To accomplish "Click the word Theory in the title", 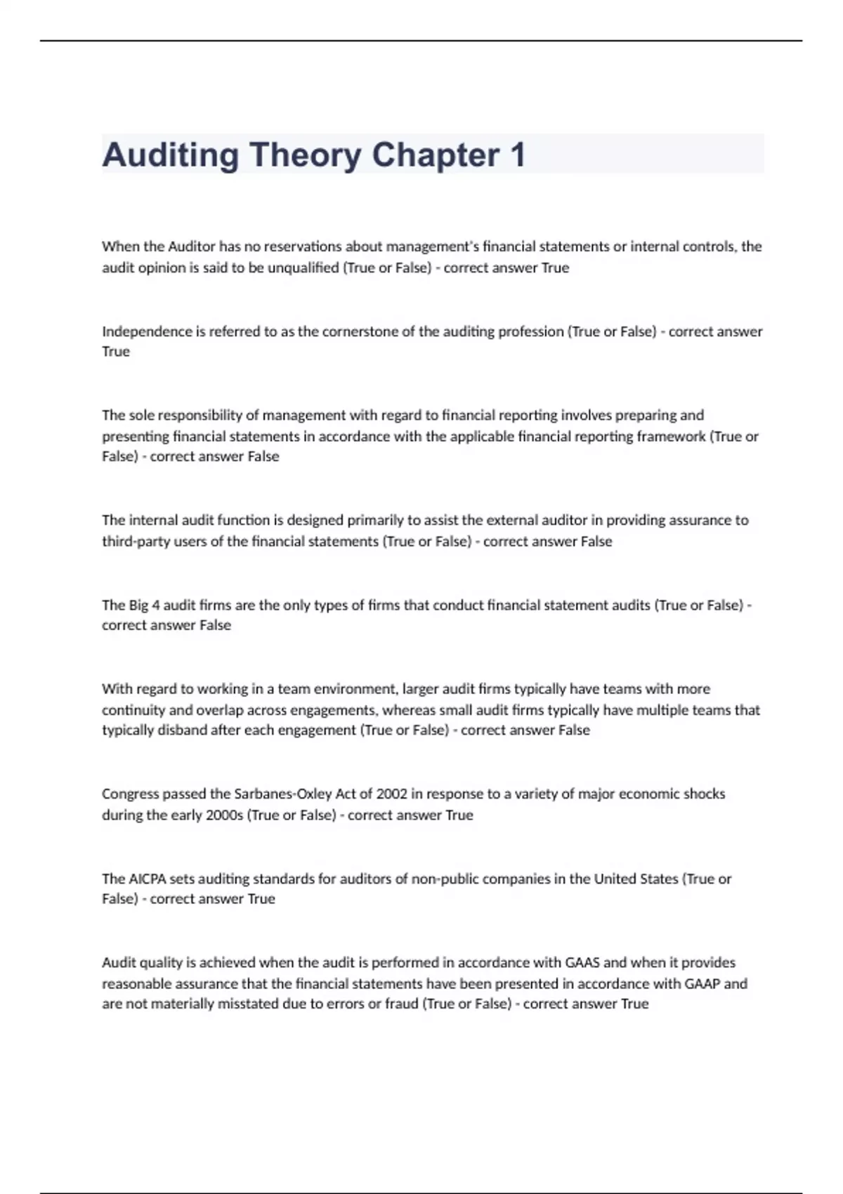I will pyautogui.click(x=304, y=155).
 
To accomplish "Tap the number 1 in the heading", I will pyautogui.click(x=518, y=155).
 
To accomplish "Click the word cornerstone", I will pyautogui.click(x=360, y=332).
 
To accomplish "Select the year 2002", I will pyautogui.click(x=391, y=794).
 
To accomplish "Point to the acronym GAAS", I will pyautogui.click(x=582, y=963).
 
